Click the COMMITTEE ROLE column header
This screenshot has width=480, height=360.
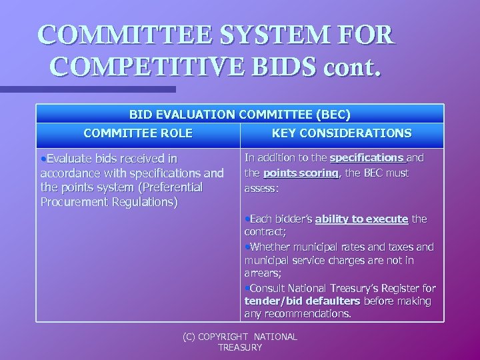[138, 133]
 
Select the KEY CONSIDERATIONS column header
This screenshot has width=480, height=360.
[341, 133]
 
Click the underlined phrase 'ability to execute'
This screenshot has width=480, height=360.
[362, 219]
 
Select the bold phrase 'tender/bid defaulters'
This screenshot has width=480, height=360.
[302, 301]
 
